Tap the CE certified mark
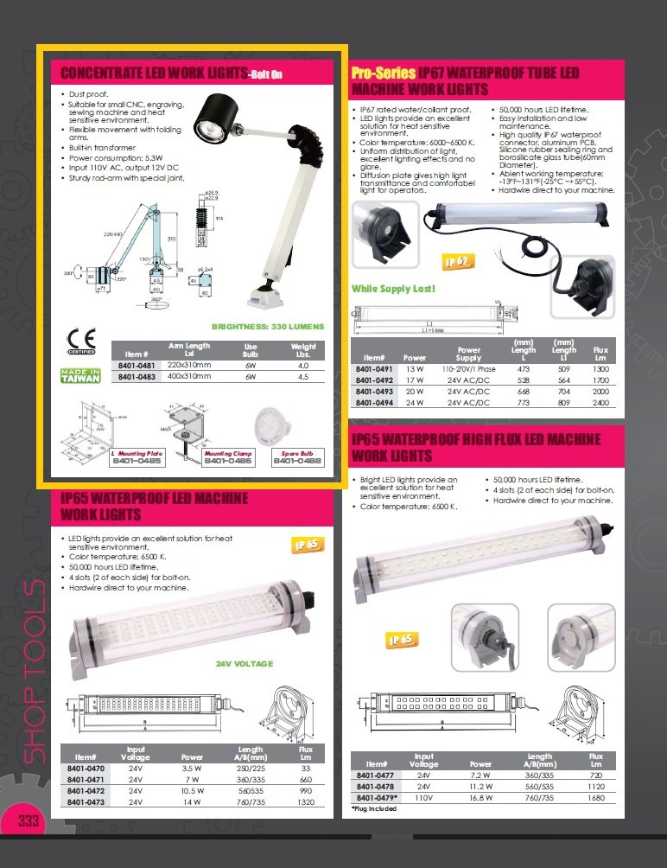(x=81, y=338)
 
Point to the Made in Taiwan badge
(x=81, y=376)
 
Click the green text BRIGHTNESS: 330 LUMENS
(x=268, y=327)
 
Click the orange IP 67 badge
(x=458, y=261)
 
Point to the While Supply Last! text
(x=393, y=288)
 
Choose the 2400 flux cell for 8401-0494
(x=600, y=402)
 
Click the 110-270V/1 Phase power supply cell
(x=468, y=368)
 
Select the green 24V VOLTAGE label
(x=245, y=664)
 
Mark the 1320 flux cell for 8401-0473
(x=306, y=801)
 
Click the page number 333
(x=29, y=820)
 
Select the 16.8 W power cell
(x=480, y=798)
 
